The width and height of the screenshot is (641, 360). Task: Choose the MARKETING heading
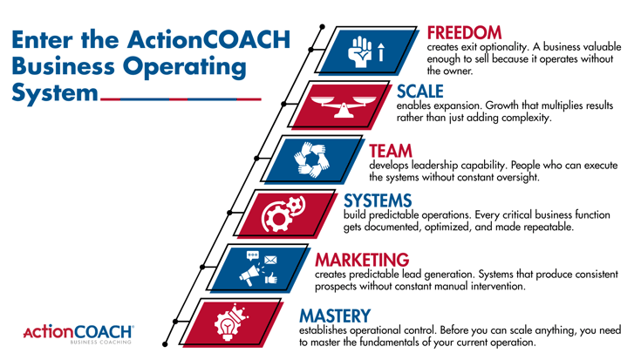click(x=361, y=260)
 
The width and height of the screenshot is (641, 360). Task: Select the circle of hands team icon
click(x=308, y=161)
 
